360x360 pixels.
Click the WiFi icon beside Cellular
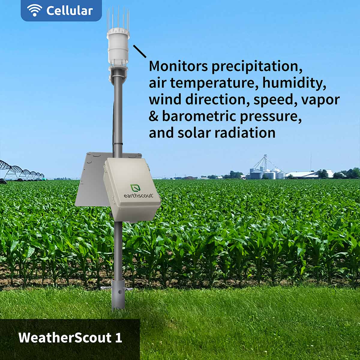pyautogui.click(x=34, y=10)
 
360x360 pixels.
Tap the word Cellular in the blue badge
pyautogui.click(x=70, y=10)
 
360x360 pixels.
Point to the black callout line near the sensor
pyautogui.click(x=139, y=51)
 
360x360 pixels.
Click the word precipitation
pyautogui.click(x=257, y=67)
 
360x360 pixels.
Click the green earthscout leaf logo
pyautogui.click(x=135, y=188)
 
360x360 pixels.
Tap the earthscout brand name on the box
pyautogui.click(x=138, y=196)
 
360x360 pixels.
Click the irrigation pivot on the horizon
pyautogui.click(x=22, y=171)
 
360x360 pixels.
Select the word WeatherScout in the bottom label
pyautogui.click(x=65, y=337)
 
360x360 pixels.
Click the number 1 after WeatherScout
pyautogui.click(x=118, y=337)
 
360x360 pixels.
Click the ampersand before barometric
pyautogui.click(x=154, y=116)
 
